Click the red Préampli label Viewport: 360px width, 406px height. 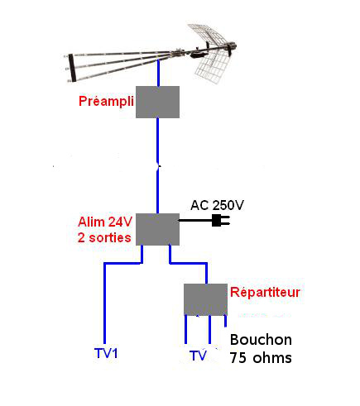point(106,102)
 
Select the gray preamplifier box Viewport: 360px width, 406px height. point(157,102)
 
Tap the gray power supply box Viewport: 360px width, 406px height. point(157,229)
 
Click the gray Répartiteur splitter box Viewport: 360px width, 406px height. point(206,299)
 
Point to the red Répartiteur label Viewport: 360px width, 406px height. point(265,292)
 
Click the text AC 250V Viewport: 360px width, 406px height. point(218,205)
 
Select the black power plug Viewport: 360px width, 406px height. point(221,221)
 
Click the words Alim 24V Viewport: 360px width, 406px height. point(105,222)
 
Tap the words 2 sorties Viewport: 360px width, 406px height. point(104,237)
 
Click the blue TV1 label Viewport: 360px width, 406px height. point(106,353)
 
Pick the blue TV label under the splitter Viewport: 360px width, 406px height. point(198,356)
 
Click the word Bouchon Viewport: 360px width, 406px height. point(261,340)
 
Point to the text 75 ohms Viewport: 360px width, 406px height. point(261,358)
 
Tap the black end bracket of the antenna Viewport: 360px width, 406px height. point(72,68)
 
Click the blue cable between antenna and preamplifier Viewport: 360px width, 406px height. point(158,73)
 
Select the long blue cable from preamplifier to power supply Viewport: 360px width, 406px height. point(157,165)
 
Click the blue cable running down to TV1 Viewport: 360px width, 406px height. point(104,303)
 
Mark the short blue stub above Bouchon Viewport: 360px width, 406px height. point(225,321)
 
